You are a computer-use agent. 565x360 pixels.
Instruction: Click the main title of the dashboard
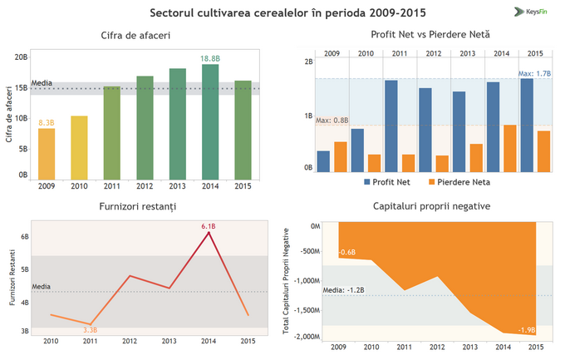pos(282,13)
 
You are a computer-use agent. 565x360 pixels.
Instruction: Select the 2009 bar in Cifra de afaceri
pos(47,154)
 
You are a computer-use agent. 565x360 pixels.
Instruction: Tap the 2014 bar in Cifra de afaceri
pos(210,121)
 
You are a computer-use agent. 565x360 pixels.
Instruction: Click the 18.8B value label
pos(210,58)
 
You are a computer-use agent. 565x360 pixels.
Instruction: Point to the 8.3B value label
pos(47,122)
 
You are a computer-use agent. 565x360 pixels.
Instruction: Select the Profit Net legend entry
pos(391,181)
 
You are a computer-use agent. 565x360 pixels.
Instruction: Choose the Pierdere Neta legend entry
pos(459,181)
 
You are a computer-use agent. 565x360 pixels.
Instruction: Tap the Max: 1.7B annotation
pos(534,73)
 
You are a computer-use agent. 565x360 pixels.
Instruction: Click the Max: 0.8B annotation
pos(332,121)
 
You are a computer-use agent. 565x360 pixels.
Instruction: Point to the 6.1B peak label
pos(209,225)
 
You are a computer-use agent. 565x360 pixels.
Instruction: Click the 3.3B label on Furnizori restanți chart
pos(91,330)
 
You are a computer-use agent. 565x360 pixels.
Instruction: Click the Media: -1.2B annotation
pos(344,290)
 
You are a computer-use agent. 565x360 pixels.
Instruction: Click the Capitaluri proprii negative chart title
pos(430,205)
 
